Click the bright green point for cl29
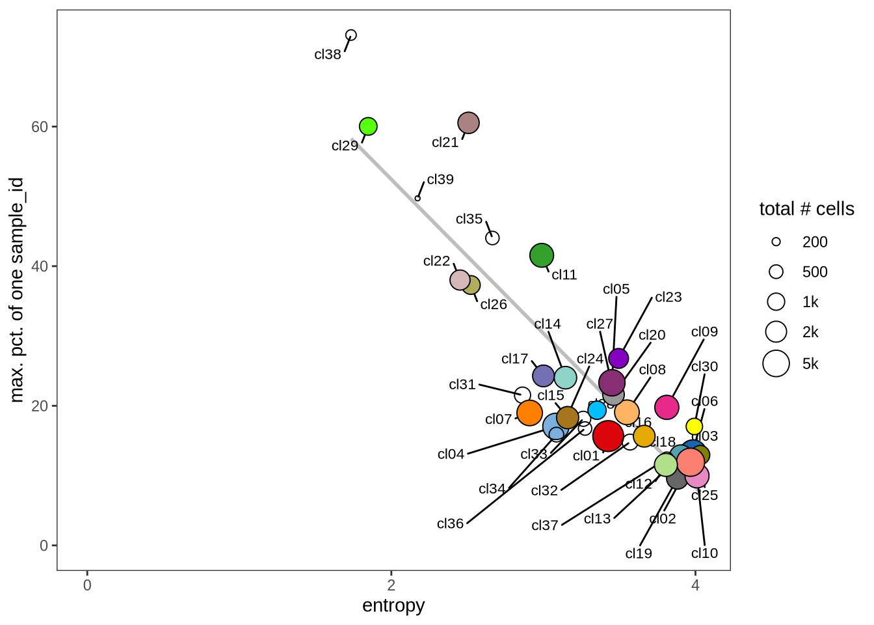[x=368, y=126]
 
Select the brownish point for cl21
[x=468, y=122]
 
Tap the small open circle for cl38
[x=351, y=35]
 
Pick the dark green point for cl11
[x=542, y=255]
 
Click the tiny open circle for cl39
[x=417, y=199]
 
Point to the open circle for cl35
[x=492, y=238]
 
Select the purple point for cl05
[x=618, y=358]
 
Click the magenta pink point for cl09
[x=667, y=407]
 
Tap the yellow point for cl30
[x=695, y=426]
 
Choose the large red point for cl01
[x=608, y=436]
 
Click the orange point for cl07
[x=530, y=412]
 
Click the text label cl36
[x=450, y=523]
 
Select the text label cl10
[x=704, y=553]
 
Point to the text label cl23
[x=669, y=297]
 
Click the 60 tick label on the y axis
[x=40, y=126]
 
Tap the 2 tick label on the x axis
[x=391, y=585]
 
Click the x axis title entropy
[x=393, y=605]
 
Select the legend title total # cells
[x=806, y=209]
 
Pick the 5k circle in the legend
[x=776, y=363]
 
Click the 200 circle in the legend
[x=776, y=242]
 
